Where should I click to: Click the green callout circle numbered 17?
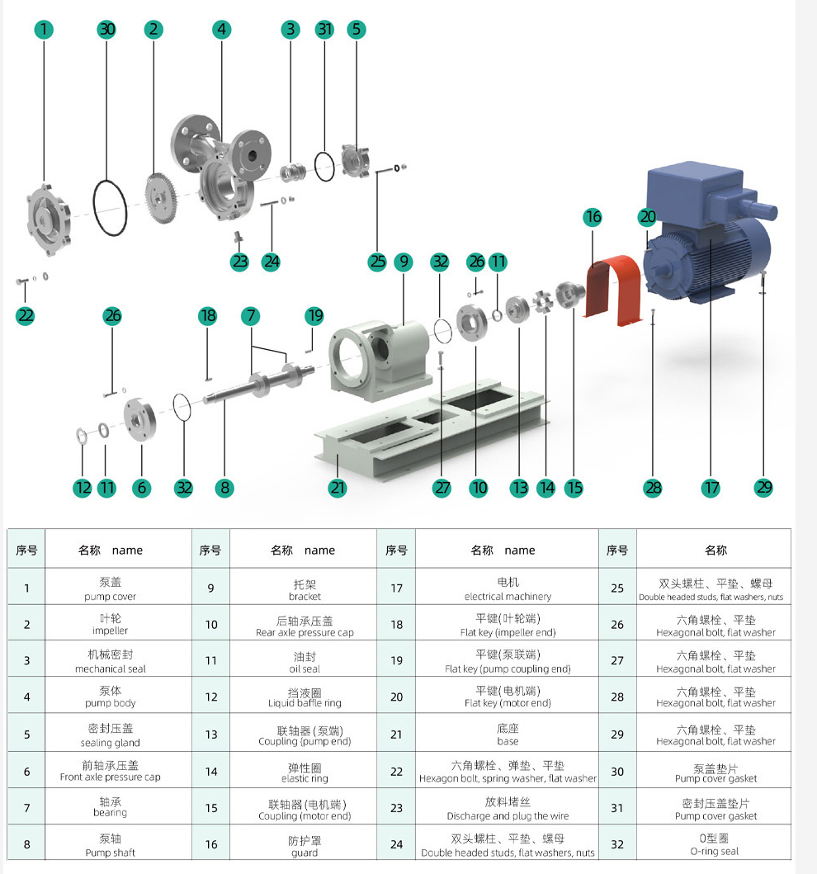click(x=711, y=488)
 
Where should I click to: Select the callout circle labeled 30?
click(x=106, y=30)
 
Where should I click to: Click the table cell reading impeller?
click(x=111, y=624)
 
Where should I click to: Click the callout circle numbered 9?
click(x=403, y=262)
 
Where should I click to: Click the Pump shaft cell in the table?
click(x=111, y=845)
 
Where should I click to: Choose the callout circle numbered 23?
click(x=239, y=262)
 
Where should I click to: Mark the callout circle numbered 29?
click(x=764, y=488)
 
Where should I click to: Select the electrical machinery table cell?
click(x=508, y=588)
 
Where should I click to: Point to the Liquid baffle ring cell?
click(x=305, y=697)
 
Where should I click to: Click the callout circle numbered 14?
click(x=545, y=488)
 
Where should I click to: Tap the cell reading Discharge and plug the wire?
click(x=508, y=808)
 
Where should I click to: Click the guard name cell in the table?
click(x=305, y=845)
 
